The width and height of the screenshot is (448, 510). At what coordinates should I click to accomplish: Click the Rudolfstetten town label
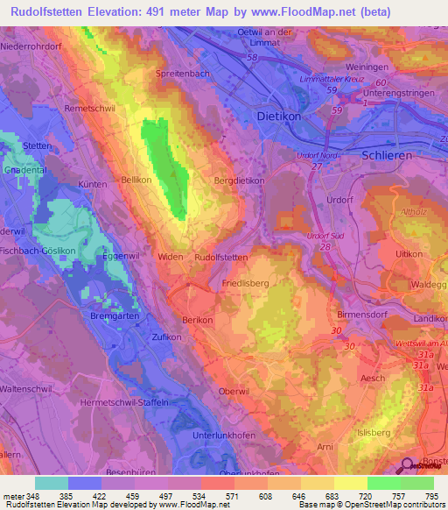[221, 258]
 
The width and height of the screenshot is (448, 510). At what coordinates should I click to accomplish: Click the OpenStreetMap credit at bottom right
[403, 505]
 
